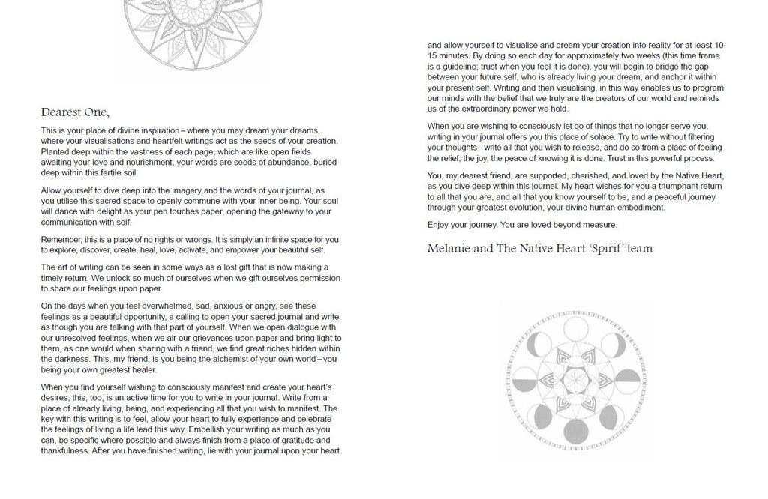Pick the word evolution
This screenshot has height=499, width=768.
click(x=538, y=207)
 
